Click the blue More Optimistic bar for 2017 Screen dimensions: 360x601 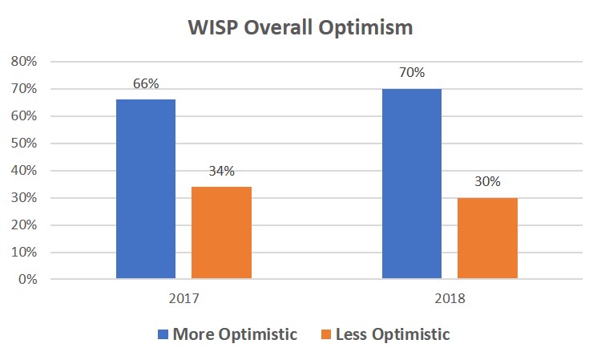coord(146,189)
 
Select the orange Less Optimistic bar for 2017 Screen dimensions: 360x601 coord(220,233)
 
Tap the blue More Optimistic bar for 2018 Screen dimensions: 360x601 coord(411,184)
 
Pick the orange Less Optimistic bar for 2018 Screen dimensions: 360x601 coord(486,238)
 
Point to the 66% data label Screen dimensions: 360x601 coord(146,83)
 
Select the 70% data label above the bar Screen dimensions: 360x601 coord(411,72)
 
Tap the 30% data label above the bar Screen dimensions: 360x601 coord(486,181)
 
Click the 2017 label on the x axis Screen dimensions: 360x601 coord(184,297)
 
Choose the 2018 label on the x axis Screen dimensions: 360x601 coord(449,297)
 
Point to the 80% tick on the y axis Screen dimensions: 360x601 coord(23,62)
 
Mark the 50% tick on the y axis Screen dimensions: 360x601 coord(23,144)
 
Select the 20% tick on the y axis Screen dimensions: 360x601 coord(23,225)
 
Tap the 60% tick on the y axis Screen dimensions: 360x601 coord(23,116)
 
